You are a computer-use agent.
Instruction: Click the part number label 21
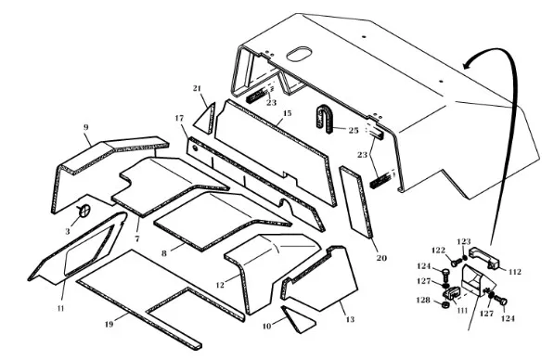pyautogui.click(x=197, y=88)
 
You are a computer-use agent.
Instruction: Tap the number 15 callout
pyautogui.click(x=288, y=113)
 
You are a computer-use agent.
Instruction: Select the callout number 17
pyautogui.click(x=180, y=118)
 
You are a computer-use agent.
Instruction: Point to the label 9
pyautogui.click(x=86, y=127)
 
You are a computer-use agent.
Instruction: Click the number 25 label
pyautogui.click(x=354, y=131)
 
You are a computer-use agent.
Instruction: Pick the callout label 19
pyautogui.click(x=110, y=324)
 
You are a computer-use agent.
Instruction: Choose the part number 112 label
pyautogui.click(x=515, y=272)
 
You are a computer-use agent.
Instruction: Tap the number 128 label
pyautogui.click(x=423, y=301)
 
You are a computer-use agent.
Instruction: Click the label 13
pyautogui.click(x=350, y=320)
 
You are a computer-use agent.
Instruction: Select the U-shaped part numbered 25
pyautogui.click(x=324, y=119)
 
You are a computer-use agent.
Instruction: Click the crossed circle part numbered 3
pyautogui.click(x=84, y=211)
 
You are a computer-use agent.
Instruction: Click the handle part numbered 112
pyautogui.click(x=485, y=258)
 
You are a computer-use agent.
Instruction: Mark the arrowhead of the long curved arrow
pyautogui.click(x=468, y=64)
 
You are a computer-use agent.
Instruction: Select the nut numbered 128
pyautogui.click(x=445, y=304)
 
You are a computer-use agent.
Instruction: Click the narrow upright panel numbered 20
pyautogui.click(x=356, y=202)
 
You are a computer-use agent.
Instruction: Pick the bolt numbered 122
pyautogui.click(x=456, y=263)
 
